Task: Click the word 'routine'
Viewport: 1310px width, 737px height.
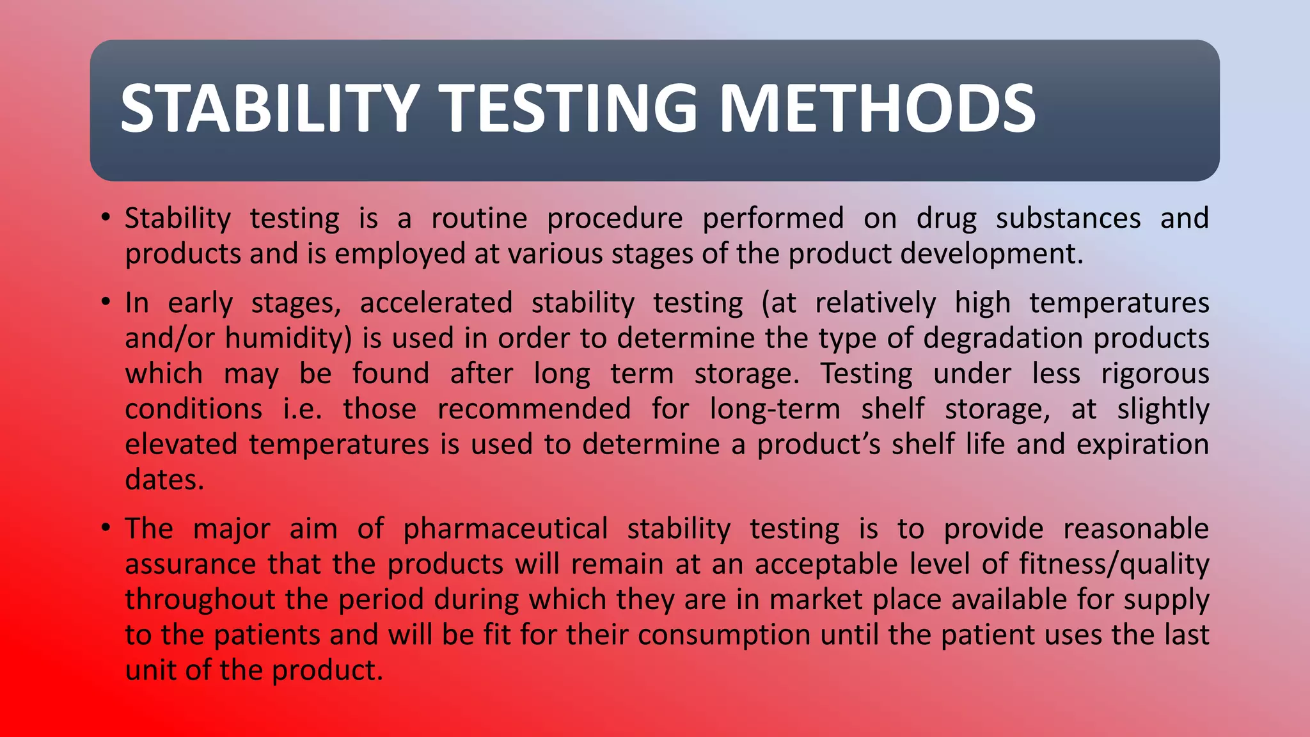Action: click(x=479, y=219)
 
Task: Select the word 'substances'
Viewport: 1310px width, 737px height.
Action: click(x=1068, y=219)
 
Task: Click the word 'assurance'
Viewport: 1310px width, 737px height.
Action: click(x=190, y=565)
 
